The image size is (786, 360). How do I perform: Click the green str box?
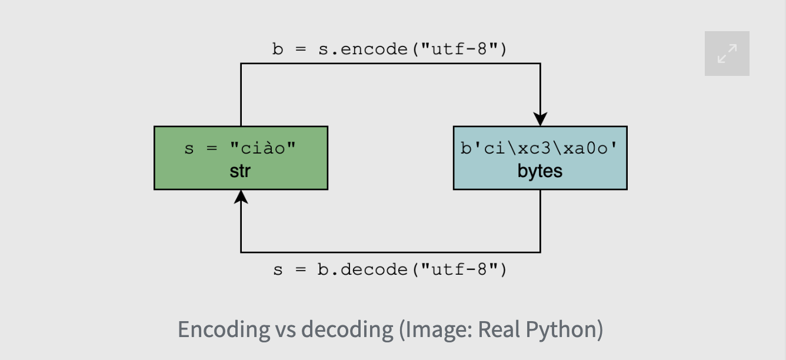pyautogui.click(x=241, y=158)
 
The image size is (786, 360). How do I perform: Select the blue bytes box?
pyautogui.click(x=539, y=158)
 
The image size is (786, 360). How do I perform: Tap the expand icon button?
pyautogui.click(x=727, y=54)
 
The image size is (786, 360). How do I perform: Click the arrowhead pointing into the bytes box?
pyautogui.click(x=540, y=118)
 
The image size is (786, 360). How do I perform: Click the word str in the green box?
pyautogui.click(x=241, y=171)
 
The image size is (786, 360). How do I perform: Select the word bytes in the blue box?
pyautogui.click(x=539, y=171)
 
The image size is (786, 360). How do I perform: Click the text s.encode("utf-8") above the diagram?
pyautogui.click(x=412, y=49)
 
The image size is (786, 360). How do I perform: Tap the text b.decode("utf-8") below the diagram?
pyautogui.click(x=412, y=269)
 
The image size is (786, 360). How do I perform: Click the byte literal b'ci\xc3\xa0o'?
pyautogui.click(x=539, y=148)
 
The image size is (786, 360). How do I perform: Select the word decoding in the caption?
pyautogui.click(x=347, y=329)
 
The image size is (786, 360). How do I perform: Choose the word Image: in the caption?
pyautogui.click(x=435, y=329)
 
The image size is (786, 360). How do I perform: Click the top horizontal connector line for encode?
pyautogui.click(x=391, y=64)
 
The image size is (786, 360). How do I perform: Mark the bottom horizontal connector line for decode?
pyautogui.click(x=391, y=252)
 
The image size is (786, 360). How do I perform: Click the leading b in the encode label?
pyautogui.click(x=277, y=49)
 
